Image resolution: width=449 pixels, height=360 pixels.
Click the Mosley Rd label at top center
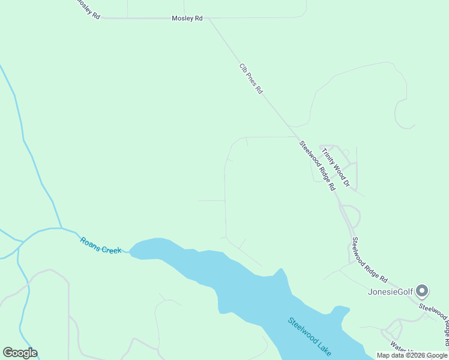click(187, 19)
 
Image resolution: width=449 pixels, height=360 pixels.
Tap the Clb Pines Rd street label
click(251, 79)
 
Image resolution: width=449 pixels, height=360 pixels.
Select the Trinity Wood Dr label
click(336, 166)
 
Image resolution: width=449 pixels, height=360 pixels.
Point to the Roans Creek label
click(101, 245)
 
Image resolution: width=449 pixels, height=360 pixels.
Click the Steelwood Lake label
click(310, 337)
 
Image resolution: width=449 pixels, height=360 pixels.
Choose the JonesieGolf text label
click(390, 292)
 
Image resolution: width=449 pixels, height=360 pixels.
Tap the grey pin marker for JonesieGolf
click(422, 292)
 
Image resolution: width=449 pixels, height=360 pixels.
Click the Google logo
click(20, 353)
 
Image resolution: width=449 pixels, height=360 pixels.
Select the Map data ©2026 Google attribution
click(412, 355)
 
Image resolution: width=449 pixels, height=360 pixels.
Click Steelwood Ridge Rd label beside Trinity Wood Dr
click(318, 164)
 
